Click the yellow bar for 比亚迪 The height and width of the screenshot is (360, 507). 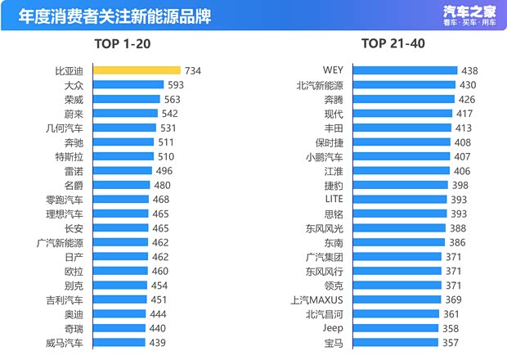click(x=136, y=70)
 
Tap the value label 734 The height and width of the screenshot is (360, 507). click(x=193, y=71)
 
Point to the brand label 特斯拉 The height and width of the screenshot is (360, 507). click(x=68, y=156)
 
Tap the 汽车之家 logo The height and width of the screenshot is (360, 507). click(x=470, y=14)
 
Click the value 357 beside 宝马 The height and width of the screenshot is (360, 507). click(x=451, y=343)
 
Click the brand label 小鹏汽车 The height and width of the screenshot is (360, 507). click(x=325, y=156)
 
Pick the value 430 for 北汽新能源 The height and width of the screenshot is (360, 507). click(x=468, y=85)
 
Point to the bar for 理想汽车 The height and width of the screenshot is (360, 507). click(x=119, y=214)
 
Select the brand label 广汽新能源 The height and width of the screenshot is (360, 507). click(x=60, y=242)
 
